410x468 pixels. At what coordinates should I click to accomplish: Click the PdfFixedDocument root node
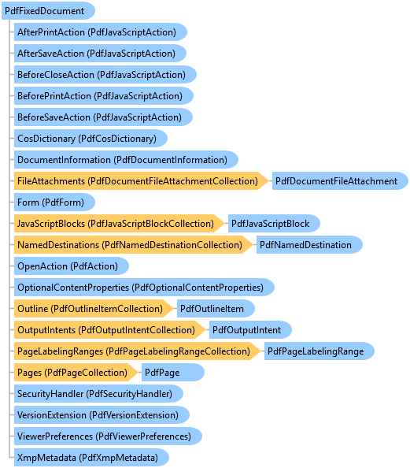tap(48, 11)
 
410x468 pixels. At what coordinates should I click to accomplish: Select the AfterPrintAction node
tap(101, 32)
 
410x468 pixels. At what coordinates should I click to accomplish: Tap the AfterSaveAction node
tap(100, 54)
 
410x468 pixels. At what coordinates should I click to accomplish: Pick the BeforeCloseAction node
tap(105, 75)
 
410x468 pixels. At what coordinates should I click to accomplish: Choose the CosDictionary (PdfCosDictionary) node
tap(90, 139)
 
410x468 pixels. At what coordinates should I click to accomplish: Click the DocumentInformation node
tap(126, 160)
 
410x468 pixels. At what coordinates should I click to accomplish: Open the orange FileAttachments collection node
tap(141, 181)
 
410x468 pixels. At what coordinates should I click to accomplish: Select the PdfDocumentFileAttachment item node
tap(340, 181)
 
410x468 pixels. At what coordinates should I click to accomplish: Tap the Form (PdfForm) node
tap(54, 202)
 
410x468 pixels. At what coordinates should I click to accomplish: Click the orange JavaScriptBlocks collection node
tap(119, 224)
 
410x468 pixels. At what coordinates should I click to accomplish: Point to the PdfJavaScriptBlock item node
tap(274, 224)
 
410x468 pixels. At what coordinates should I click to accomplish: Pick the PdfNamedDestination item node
tap(309, 245)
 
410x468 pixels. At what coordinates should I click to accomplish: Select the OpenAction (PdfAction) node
tap(72, 266)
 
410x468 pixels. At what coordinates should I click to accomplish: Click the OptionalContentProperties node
tap(144, 288)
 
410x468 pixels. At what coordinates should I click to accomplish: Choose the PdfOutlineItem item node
tap(216, 309)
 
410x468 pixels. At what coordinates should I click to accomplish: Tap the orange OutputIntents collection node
tap(109, 330)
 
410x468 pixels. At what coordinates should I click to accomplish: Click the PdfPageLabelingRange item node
tap(320, 351)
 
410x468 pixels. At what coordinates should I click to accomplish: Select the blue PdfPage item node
tap(173, 373)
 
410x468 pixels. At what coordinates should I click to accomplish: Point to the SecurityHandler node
tap(98, 394)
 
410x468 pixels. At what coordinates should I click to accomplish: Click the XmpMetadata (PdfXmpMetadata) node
tap(91, 458)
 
